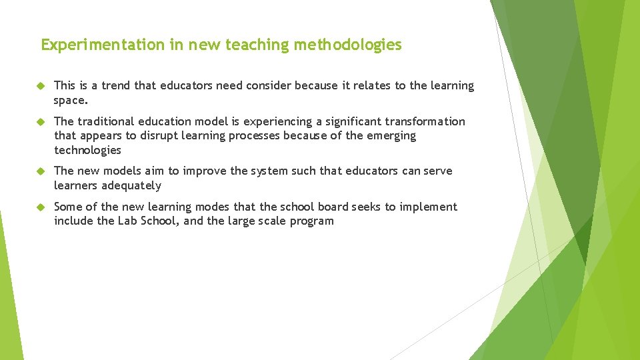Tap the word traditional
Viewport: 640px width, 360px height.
coord(106,121)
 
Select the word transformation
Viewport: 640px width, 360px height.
coord(425,121)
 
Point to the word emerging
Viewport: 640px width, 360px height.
coord(392,136)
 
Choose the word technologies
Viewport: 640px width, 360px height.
coord(87,150)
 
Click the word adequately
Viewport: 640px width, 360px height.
coord(131,185)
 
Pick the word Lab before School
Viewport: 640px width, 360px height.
coord(129,221)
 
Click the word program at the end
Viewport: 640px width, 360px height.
coord(311,222)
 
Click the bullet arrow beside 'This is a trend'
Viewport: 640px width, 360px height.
coord(39,86)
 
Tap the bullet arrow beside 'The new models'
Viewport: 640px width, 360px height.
coord(39,171)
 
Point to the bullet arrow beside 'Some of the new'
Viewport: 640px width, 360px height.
coord(39,207)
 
